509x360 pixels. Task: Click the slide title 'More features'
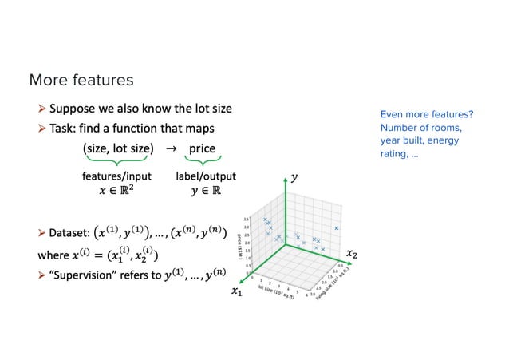pos(81,80)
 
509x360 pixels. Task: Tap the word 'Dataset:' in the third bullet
pos(69,234)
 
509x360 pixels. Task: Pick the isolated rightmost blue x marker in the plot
pos(337,228)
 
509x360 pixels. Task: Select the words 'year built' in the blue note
pos(400,140)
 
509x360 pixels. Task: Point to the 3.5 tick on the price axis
pos(248,216)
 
